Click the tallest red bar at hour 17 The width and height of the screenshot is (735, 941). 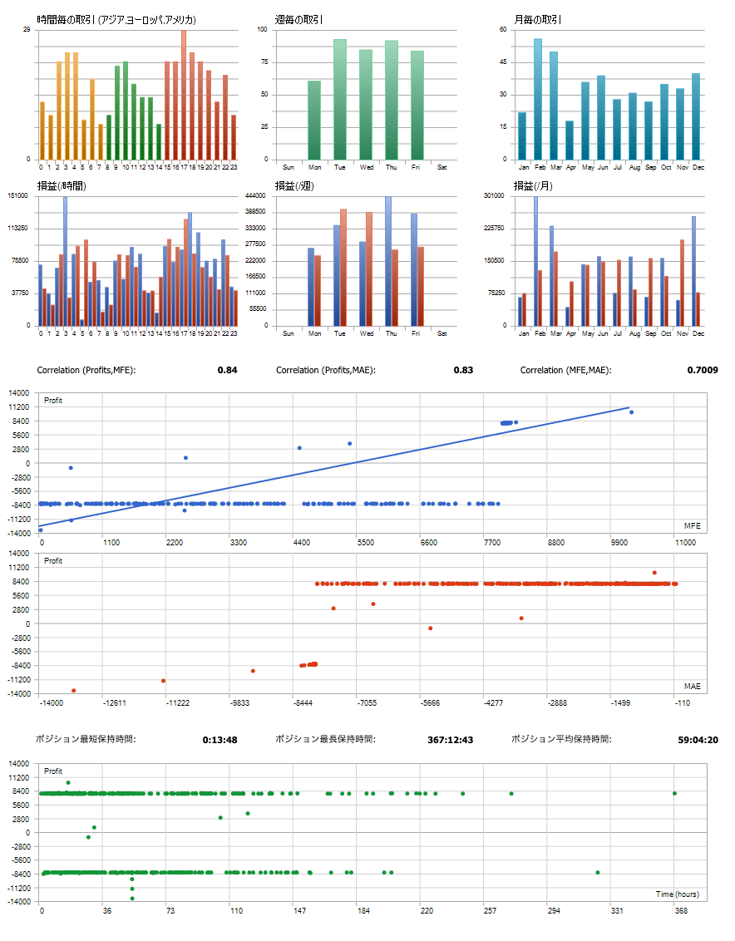184,95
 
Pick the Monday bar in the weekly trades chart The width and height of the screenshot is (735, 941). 314,121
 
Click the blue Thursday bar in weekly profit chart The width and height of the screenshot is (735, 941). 387,262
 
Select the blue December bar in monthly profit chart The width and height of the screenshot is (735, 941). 693,271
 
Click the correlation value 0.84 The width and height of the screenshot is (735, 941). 227,370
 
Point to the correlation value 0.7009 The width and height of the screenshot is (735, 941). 701,370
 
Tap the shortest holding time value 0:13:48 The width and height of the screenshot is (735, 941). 220,739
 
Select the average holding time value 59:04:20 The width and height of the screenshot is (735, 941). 699,739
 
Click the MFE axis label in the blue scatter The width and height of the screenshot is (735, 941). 692,526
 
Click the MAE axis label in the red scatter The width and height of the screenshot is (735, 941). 692,687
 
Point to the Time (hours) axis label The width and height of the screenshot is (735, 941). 677,894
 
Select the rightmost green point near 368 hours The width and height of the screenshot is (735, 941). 674,793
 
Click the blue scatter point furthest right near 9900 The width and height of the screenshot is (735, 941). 631,412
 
